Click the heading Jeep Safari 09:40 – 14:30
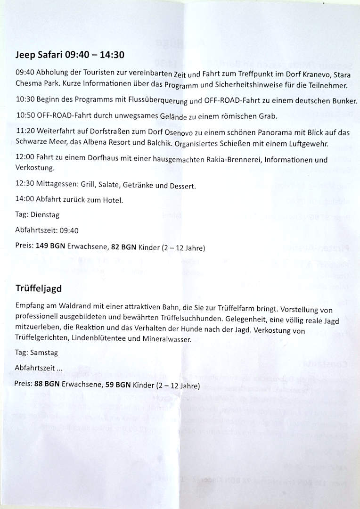pos(70,55)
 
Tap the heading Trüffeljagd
pos(38,287)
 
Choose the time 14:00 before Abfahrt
pos(24,200)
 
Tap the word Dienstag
pos(45,215)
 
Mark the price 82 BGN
pos(124,247)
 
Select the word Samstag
pos(45,352)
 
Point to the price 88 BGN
pos(47,384)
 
